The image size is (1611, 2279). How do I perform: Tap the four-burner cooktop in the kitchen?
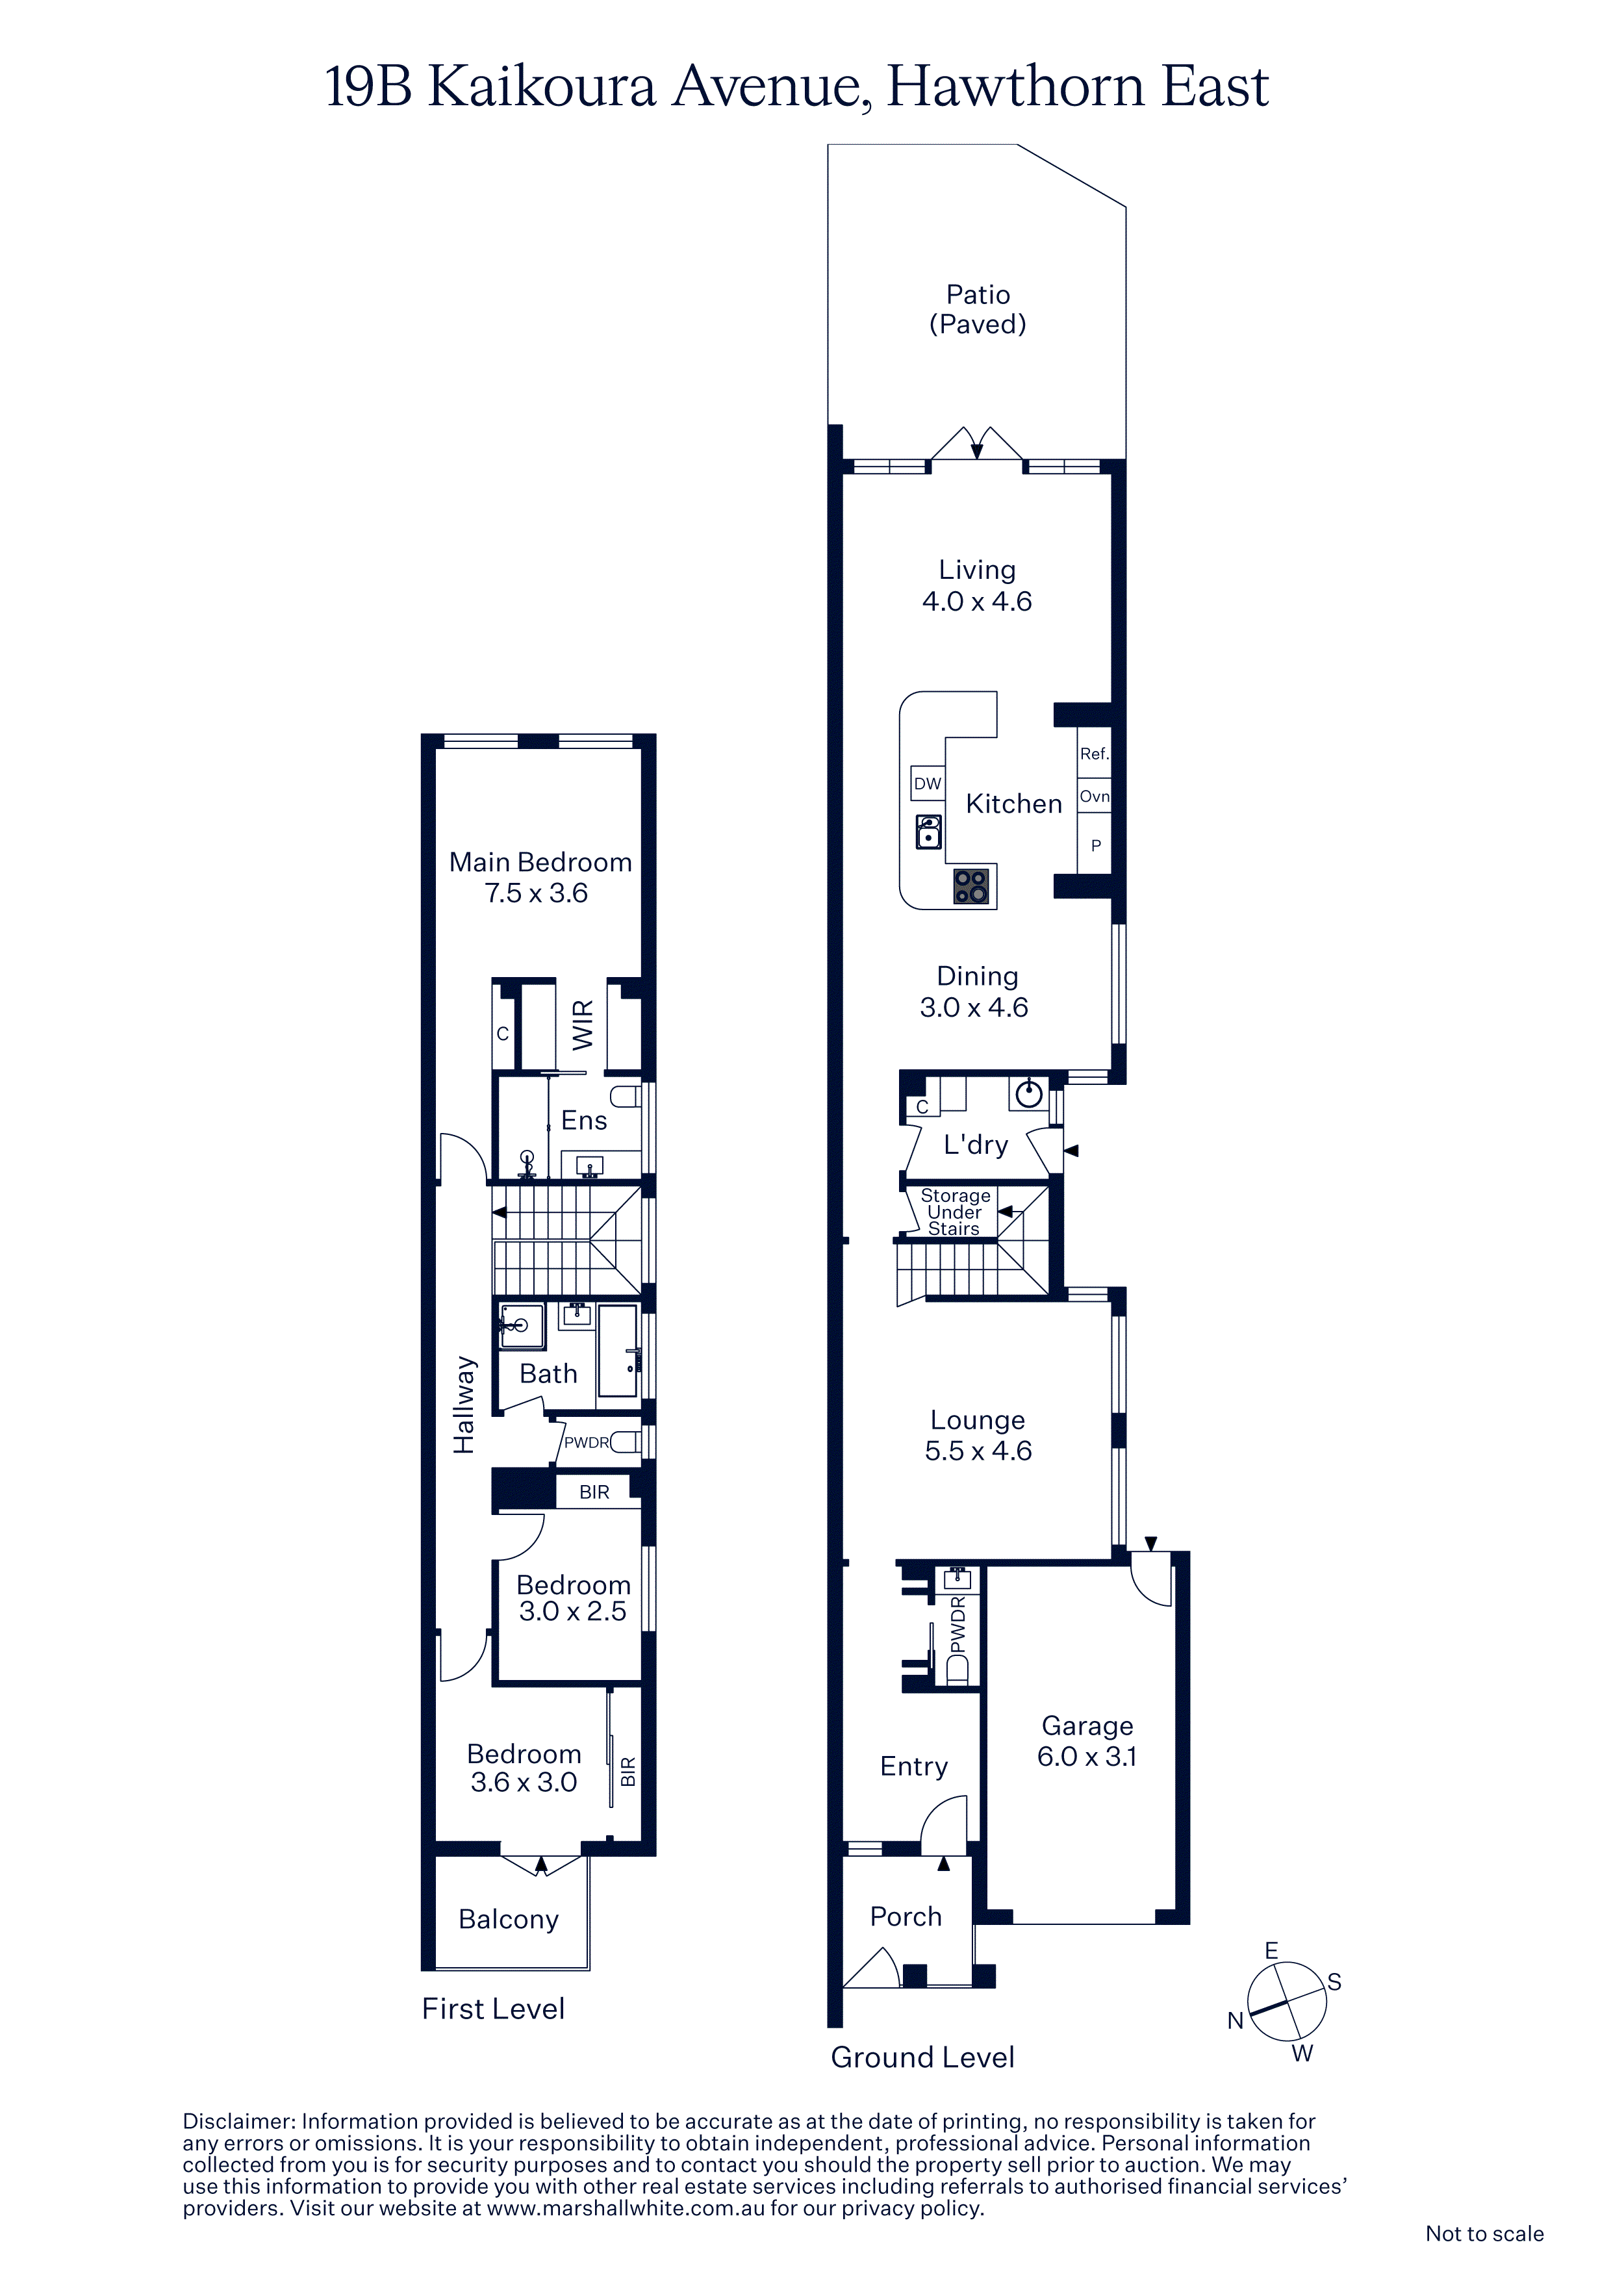coord(970,885)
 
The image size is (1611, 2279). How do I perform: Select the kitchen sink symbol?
coord(928,832)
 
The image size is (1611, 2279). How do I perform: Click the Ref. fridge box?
coord(1094,754)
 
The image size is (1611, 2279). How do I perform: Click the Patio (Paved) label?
coord(978,309)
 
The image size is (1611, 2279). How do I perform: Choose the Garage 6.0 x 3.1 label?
coord(1087,1741)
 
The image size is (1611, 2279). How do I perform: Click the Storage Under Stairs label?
coord(955,1212)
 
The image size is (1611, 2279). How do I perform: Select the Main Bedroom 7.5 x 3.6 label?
coord(540,878)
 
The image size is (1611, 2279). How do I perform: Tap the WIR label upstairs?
coord(583,1025)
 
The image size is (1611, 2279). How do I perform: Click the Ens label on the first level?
coord(583,1121)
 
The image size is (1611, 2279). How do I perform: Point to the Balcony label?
coord(508,1920)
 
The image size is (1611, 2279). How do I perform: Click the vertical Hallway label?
coord(464,1405)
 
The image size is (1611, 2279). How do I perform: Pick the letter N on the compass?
coord(1236,2021)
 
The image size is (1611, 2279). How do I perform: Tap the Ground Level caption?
coord(922,2057)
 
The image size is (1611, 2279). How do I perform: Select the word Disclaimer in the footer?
coord(238,2121)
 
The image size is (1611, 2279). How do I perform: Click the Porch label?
coord(906,1916)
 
